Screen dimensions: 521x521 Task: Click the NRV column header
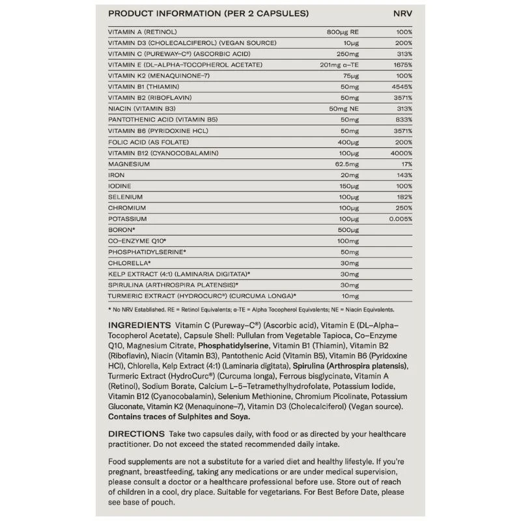coord(403,14)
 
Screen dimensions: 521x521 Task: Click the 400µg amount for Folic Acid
coord(350,142)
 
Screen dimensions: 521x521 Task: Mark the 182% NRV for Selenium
coord(404,197)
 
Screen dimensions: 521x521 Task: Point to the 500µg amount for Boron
coord(350,231)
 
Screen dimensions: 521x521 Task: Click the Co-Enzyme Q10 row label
coord(137,242)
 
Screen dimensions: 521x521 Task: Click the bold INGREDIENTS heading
coord(137,324)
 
